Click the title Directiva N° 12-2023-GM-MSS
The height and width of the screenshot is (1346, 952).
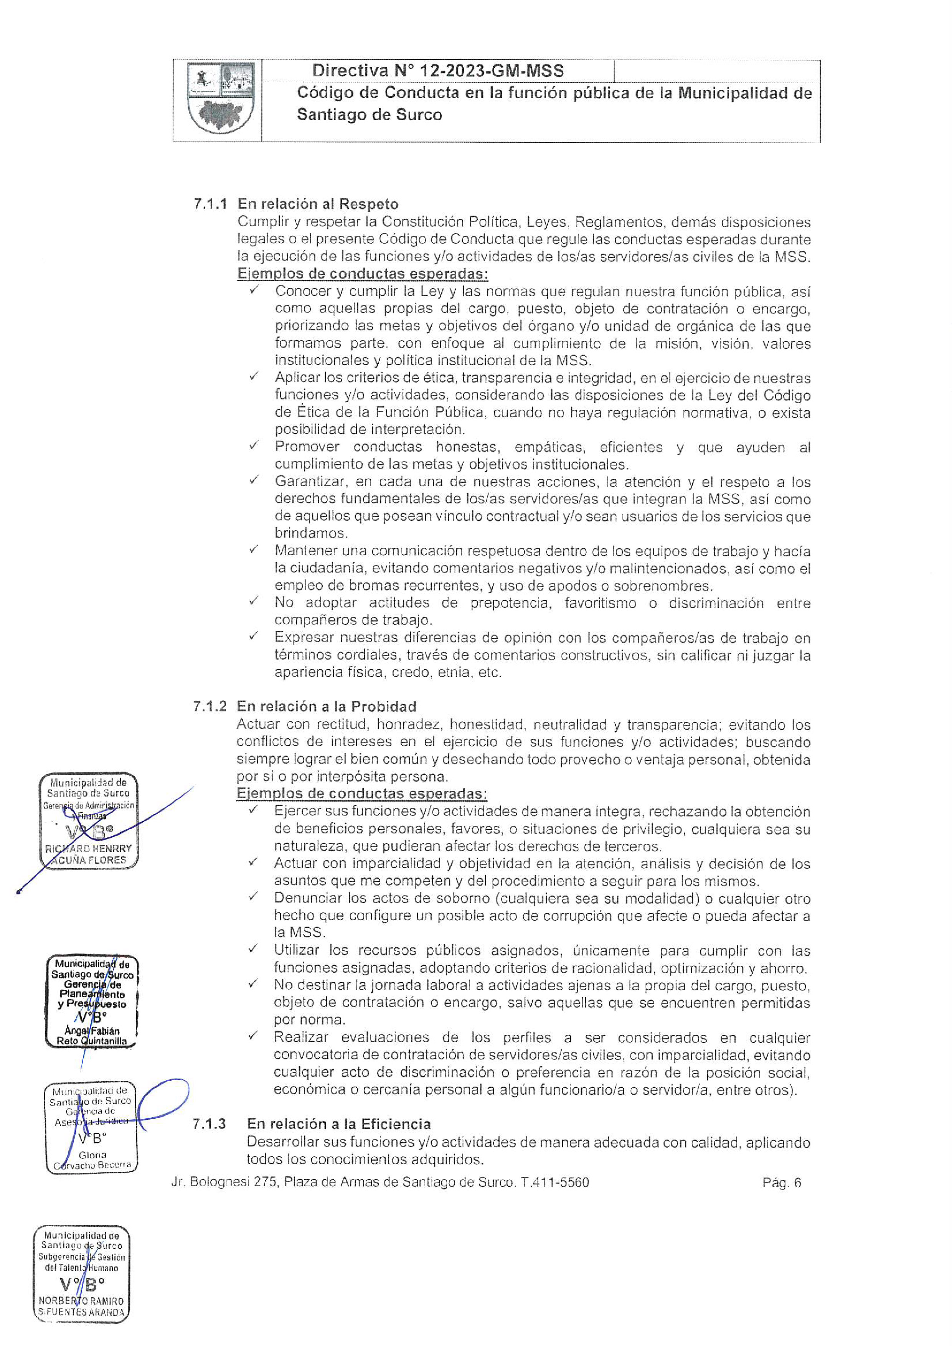coord(437,71)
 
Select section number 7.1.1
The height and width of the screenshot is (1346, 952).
coord(210,204)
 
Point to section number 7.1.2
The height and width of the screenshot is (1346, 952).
coord(209,706)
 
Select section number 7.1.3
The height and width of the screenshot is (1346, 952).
coord(209,1124)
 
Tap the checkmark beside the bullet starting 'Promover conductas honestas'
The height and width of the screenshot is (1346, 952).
coord(254,445)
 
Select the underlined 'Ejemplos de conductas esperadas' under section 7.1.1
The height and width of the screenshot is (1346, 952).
coord(362,274)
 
